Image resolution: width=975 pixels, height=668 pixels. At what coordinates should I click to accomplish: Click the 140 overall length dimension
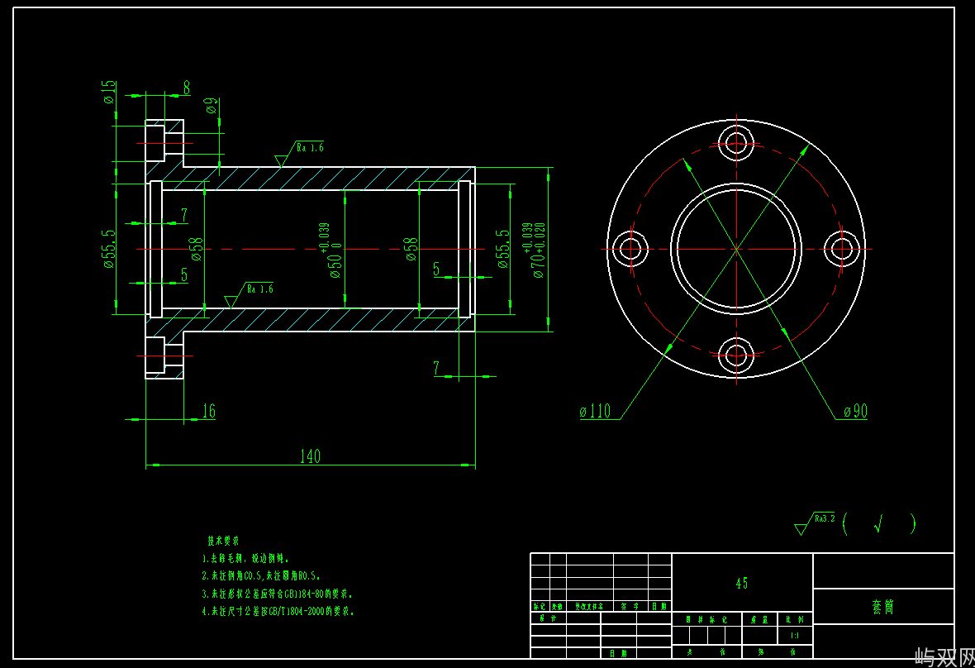click(310, 456)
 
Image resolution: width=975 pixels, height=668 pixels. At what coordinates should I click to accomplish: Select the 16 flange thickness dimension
click(208, 411)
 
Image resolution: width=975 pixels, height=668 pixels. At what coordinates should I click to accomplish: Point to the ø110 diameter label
click(595, 411)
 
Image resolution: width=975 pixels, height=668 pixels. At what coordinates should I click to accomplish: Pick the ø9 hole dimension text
click(212, 105)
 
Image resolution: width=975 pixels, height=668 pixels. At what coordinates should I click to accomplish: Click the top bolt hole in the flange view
click(736, 140)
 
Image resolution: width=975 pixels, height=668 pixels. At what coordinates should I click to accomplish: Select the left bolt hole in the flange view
click(630, 248)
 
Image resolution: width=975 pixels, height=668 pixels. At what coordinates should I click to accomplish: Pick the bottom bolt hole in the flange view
click(736, 356)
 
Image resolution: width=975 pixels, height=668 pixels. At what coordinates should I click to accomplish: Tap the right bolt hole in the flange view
click(844, 248)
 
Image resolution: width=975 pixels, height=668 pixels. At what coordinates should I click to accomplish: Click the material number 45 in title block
click(742, 583)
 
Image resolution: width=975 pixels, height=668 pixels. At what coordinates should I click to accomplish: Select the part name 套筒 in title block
click(882, 607)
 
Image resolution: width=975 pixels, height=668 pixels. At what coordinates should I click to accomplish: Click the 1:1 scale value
click(795, 636)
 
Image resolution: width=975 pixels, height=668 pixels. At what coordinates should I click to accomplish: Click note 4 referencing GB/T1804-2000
click(278, 612)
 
